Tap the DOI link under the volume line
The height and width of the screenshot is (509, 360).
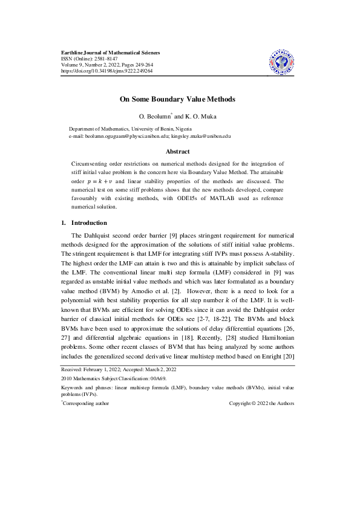[107, 71]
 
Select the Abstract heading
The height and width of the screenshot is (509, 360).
[177, 151]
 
